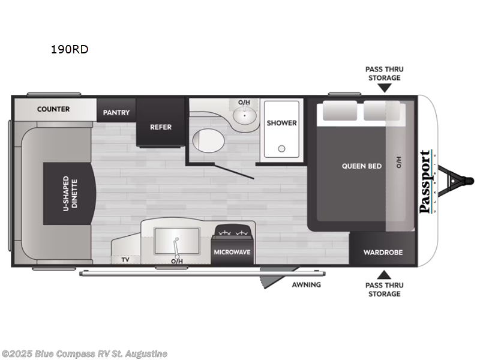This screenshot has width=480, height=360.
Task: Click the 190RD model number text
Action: coord(70,49)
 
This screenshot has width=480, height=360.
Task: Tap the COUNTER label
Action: coord(53,109)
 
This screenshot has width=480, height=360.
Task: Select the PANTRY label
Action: coord(116,112)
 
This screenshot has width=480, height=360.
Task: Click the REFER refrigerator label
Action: coord(160,127)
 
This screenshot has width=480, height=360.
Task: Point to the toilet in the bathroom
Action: coord(208,142)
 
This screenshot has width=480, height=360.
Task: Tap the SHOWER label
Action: coord(282,122)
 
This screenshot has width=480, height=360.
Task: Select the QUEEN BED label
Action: coord(362,166)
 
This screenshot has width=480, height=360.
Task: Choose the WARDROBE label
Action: coord(382,252)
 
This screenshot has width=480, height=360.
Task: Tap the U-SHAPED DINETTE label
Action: coord(70,192)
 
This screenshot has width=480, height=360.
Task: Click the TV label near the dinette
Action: coord(125,260)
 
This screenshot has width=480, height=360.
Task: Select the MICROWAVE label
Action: coord(232,252)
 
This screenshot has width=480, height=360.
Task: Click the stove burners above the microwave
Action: coord(232,232)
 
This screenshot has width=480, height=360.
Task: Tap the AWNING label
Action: coord(307,284)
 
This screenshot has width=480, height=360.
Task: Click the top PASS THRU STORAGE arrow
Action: coord(384,88)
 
